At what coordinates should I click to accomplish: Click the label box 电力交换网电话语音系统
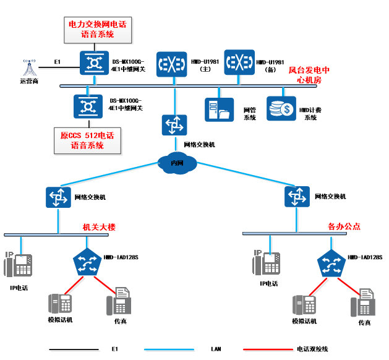pyautogui.click(x=98, y=30)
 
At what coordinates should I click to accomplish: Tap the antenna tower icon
pyautogui.click(x=30, y=68)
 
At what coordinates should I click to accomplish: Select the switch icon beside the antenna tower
pyautogui.click(x=95, y=63)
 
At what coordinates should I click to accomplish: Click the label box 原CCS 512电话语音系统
pyautogui.click(x=87, y=141)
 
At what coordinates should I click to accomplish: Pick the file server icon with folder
pyautogui.click(x=220, y=109)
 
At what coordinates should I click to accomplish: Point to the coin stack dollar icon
pyautogui.click(x=281, y=108)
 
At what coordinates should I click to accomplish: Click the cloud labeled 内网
pyautogui.click(x=177, y=163)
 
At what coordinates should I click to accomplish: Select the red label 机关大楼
pyautogui.click(x=100, y=228)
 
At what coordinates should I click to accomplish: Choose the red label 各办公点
pyautogui.click(x=344, y=226)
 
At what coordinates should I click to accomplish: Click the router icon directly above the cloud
pyautogui.click(x=174, y=125)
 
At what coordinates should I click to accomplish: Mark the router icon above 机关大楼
pyautogui.click(x=59, y=197)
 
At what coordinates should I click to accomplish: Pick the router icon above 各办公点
pyautogui.click(x=297, y=197)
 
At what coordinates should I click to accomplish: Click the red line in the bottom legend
pyautogui.click(x=268, y=350)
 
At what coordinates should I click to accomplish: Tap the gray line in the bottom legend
pyautogui.click(x=75, y=351)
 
